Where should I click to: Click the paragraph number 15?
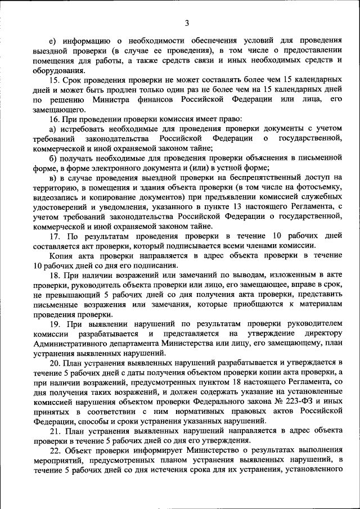tap(54, 81)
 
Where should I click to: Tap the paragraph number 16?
tap(54, 120)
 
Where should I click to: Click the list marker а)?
tap(53, 129)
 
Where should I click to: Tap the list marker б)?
tap(53, 159)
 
